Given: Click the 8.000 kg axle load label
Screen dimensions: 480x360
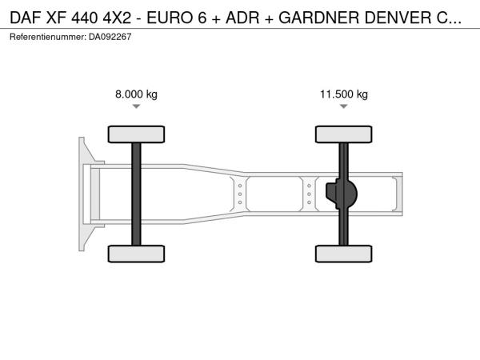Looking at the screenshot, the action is pos(136,94).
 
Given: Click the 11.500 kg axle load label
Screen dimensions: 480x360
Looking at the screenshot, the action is pos(344,94).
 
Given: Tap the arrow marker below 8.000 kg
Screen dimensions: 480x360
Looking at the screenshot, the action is pos(136,106).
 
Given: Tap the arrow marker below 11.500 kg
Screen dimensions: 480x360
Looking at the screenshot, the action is pos(344,106).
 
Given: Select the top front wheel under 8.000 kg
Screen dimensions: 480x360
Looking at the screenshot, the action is pos(136,134).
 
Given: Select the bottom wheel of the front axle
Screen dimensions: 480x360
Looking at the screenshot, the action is pos(136,254).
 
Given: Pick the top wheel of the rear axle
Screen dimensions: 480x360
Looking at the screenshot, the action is pos(344,134).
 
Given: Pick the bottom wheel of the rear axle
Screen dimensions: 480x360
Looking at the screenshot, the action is pos(344,254).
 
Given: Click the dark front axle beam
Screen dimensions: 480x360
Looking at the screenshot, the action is pos(136,194).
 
